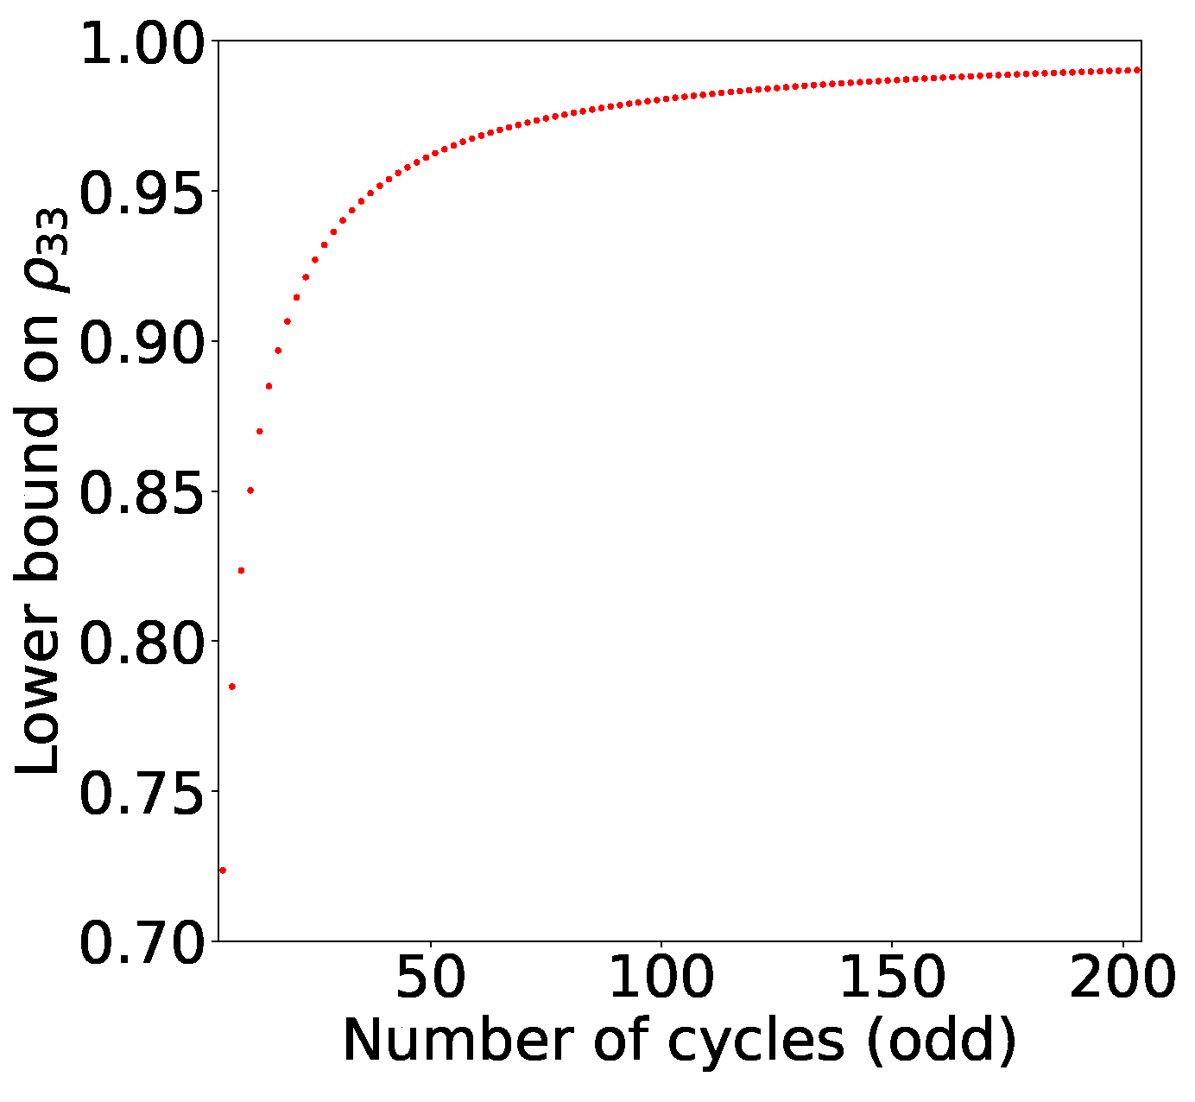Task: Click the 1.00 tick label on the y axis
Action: pyautogui.click(x=143, y=42)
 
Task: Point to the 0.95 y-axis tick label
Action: pyautogui.click(x=143, y=192)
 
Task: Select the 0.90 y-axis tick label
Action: pyautogui.click(x=143, y=342)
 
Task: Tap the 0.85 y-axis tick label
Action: pyautogui.click(x=143, y=491)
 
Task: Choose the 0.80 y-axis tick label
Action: pyautogui.click(x=143, y=642)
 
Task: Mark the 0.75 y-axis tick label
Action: pyautogui.click(x=143, y=791)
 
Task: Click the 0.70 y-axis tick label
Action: pyautogui.click(x=143, y=941)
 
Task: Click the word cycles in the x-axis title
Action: pyautogui.click(x=756, y=1042)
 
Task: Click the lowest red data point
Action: pyautogui.click(x=223, y=871)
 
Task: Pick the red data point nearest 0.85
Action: pyautogui.click(x=250, y=491)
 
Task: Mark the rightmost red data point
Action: pyautogui.click(x=1138, y=70)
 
